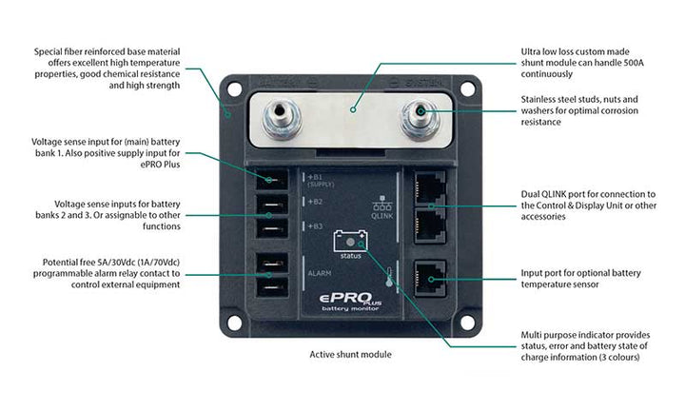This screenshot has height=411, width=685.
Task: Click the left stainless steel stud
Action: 281,117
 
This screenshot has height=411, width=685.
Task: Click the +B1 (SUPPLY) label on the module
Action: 321,179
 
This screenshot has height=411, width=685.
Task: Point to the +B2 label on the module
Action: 316,202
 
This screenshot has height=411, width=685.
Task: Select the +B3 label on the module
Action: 316,225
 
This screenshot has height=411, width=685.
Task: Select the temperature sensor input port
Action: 430,278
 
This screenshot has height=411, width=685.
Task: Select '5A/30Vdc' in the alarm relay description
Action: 127,263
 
